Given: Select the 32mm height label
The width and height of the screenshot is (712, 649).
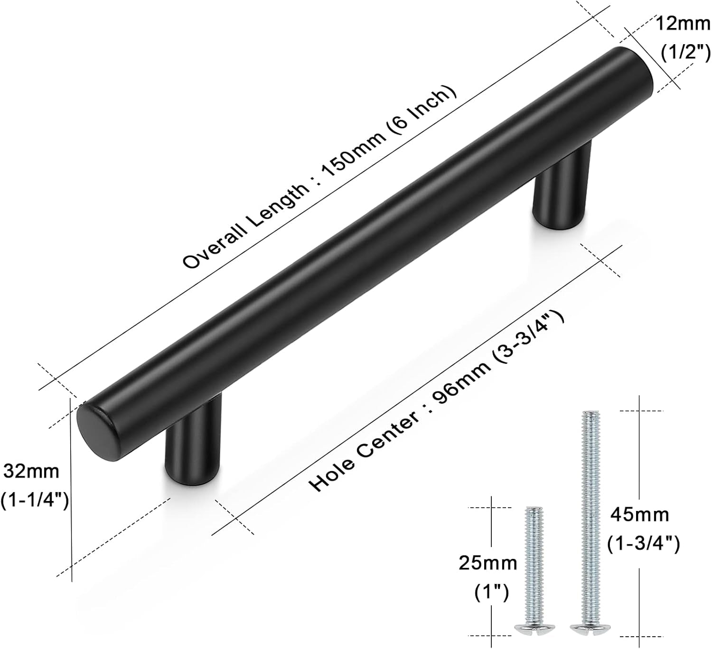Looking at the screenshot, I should click(31, 472).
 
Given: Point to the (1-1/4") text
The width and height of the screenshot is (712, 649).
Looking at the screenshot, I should click(35, 500).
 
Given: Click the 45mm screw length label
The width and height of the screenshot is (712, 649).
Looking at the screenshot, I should click(639, 514).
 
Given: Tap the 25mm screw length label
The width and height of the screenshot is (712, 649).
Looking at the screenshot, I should click(488, 563).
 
